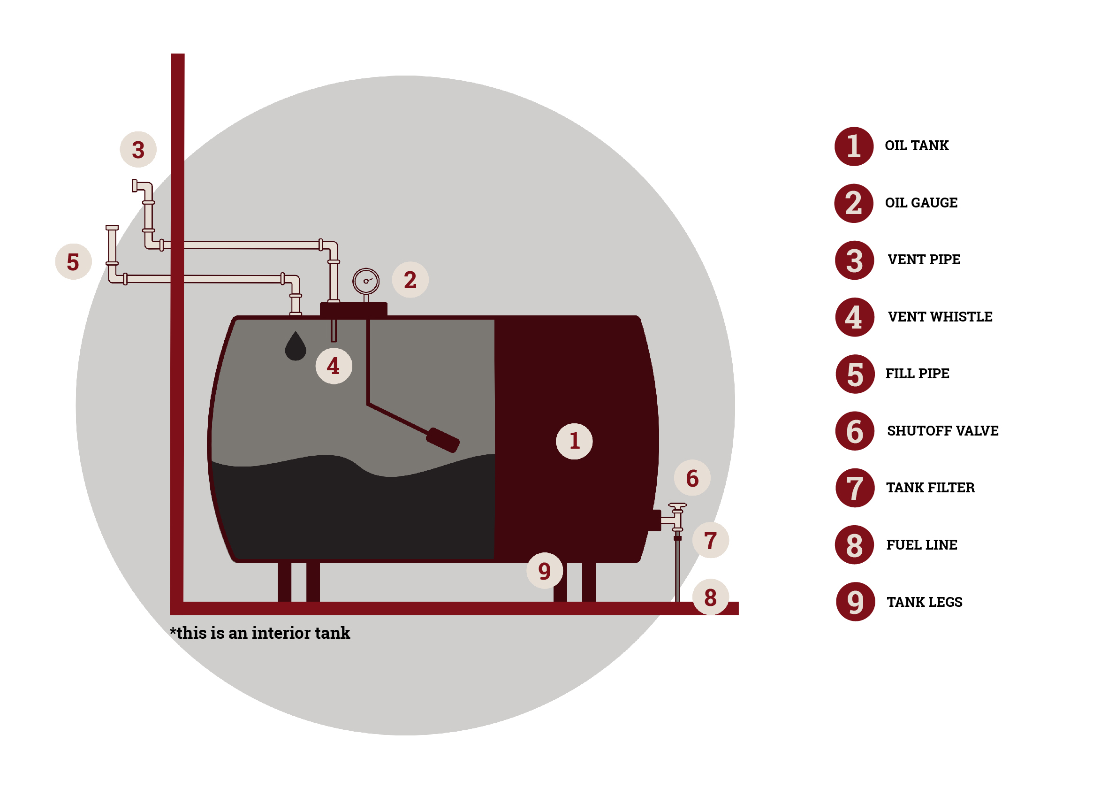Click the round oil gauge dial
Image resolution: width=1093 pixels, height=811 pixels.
pos(366,281)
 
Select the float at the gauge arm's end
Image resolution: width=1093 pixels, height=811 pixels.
pos(442,440)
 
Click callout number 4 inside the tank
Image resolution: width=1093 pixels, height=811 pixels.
pos(334,366)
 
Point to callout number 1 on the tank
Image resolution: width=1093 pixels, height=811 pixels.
pos(574,441)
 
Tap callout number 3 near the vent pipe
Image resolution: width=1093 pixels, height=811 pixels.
pos(138,150)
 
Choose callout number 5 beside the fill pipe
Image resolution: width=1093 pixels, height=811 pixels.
pos(74,262)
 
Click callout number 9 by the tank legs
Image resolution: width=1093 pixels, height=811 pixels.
pos(545,570)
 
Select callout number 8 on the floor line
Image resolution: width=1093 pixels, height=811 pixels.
pos(710,597)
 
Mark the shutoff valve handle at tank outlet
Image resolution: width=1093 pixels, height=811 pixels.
pos(677,505)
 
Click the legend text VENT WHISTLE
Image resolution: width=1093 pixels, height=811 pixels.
pos(940,317)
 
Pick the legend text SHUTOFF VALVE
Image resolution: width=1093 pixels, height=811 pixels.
pos(942,431)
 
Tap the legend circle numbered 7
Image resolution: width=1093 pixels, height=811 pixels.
pos(855,488)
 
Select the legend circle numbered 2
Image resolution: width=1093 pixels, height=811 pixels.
pos(854,203)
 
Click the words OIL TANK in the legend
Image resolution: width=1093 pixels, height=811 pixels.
pos(917,146)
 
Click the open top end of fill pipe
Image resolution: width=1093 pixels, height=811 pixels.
pos(112,228)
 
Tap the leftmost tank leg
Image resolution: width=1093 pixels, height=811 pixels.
pos(285,582)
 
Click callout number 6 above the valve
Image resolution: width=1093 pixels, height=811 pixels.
pos(692,478)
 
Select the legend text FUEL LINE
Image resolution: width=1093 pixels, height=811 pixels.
pos(921,545)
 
